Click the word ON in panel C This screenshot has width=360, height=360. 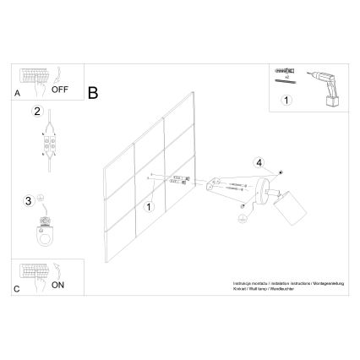point(58,286)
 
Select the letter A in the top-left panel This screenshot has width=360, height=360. point(19,95)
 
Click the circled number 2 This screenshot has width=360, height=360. point(36,112)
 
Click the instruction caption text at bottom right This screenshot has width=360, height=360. point(282,288)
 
